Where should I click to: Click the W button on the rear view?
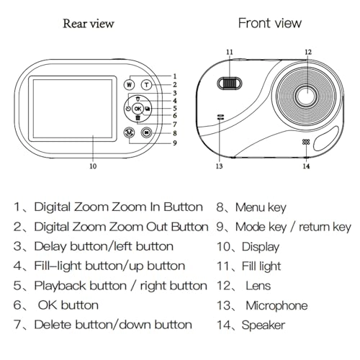(129, 84)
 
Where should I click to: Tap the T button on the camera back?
(146, 85)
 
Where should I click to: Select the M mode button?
(130, 132)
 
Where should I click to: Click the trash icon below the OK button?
(138, 118)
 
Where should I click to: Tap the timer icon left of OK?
(128, 109)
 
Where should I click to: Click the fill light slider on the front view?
(230, 84)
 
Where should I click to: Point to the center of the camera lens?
(307, 96)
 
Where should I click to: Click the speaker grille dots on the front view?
(306, 142)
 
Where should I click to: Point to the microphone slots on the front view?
(220, 117)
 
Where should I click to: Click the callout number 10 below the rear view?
(93, 166)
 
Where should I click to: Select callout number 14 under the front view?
(306, 166)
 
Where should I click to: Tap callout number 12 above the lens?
(308, 52)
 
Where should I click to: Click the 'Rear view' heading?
(89, 24)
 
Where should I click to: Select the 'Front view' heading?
(270, 23)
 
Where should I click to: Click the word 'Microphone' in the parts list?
(276, 306)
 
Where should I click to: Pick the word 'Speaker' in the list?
(264, 325)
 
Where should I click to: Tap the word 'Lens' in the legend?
(258, 286)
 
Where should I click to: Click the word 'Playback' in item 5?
(80, 286)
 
